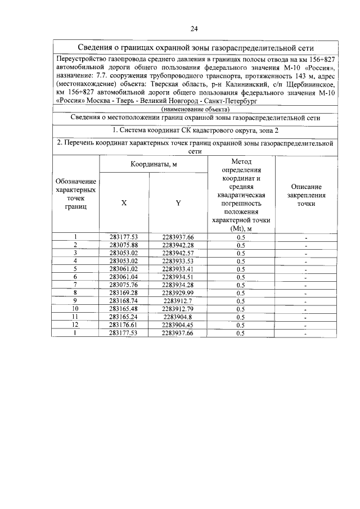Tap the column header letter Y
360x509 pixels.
pos(178,203)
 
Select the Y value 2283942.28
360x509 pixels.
pos(178,245)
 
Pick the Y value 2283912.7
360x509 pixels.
pos(178,300)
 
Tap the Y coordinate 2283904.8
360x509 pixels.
pos(178,317)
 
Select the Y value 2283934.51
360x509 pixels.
pos(178,277)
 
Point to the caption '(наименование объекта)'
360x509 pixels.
pos(195,108)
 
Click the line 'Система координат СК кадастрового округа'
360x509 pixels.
pos(195,130)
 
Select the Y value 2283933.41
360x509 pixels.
pos(178,269)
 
